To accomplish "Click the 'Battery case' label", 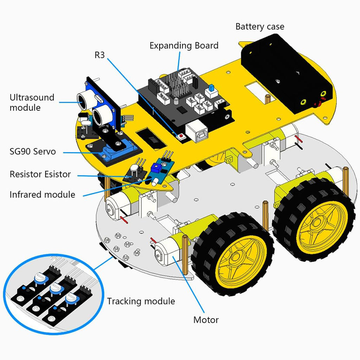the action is point(260,27).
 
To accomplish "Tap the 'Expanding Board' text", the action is point(184,46).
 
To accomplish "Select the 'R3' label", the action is point(99,55).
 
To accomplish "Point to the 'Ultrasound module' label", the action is point(32,102).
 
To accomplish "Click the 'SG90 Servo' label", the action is point(33,152).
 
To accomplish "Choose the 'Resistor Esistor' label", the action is point(40,174).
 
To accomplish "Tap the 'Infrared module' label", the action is point(42,194).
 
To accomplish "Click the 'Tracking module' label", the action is point(141,301).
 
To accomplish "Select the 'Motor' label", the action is point(206,320).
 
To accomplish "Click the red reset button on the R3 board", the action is point(181,136).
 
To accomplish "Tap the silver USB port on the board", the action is point(197,132).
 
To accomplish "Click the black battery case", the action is point(286,73).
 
